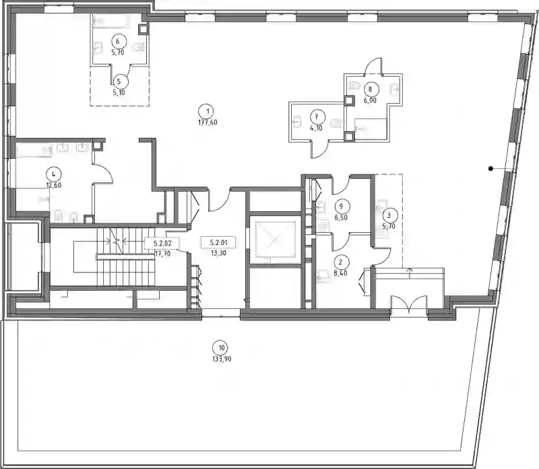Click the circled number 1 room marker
(208, 111)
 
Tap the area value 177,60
(208, 122)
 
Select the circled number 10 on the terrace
(222, 348)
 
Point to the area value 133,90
(222, 359)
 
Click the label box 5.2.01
(218, 243)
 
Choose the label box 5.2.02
(162, 244)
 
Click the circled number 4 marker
(53, 174)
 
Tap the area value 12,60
(53, 186)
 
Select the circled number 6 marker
(117, 42)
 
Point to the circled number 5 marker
(119, 81)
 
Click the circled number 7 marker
(316, 117)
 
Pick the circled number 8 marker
(370, 89)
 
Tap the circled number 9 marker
(341, 207)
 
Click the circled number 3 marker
(389, 215)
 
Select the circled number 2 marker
(340, 262)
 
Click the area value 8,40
(340, 274)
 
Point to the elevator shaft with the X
(274, 240)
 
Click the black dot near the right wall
(491, 168)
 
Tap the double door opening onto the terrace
(409, 305)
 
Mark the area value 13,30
(218, 254)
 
